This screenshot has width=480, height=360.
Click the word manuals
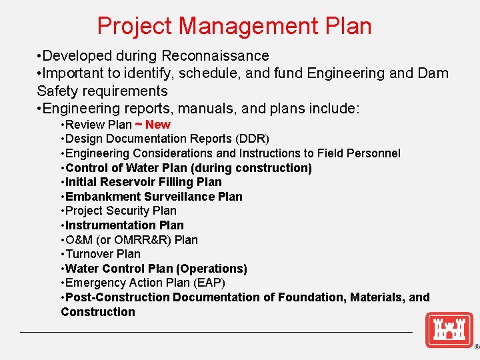(x=208, y=108)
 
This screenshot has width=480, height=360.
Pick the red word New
(x=157, y=125)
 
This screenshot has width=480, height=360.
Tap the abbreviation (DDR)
(x=249, y=139)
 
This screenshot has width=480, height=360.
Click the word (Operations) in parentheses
(x=211, y=269)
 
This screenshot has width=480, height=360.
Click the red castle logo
(x=449, y=330)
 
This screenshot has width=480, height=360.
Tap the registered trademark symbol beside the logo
(x=476, y=347)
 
